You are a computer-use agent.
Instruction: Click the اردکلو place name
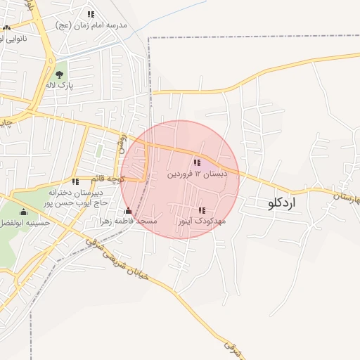click(x=283, y=203)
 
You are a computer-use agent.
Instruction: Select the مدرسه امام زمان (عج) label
click(x=91, y=25)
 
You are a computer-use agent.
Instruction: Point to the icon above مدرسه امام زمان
click(x=91, y=14)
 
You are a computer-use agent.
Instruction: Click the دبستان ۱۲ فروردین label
click(x=197, y=174)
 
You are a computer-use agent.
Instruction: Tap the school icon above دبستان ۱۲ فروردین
click(x=197, y=162)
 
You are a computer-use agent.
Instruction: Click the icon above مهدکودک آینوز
click(x=202, y=210)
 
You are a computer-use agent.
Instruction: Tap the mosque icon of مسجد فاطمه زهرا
click(x=128, y=211)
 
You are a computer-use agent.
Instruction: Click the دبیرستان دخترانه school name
click(x=76, y=192)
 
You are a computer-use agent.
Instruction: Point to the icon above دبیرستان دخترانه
click(x=75, y=181)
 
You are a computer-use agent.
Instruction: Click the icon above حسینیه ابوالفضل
click(x=24, y=212)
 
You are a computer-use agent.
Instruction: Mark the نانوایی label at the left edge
click(x=13, y=38)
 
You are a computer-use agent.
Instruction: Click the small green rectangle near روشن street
click(x=99, y=150)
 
